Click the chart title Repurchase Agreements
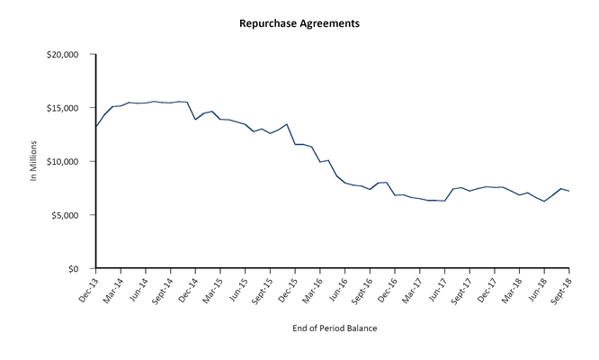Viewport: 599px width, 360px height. pyautogui.click(x=299, y=23)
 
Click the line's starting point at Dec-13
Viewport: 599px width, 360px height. pyautogui.click(x=96, y=126)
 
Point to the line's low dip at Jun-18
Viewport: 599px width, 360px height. pyautogui.click(x=544, y=202)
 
